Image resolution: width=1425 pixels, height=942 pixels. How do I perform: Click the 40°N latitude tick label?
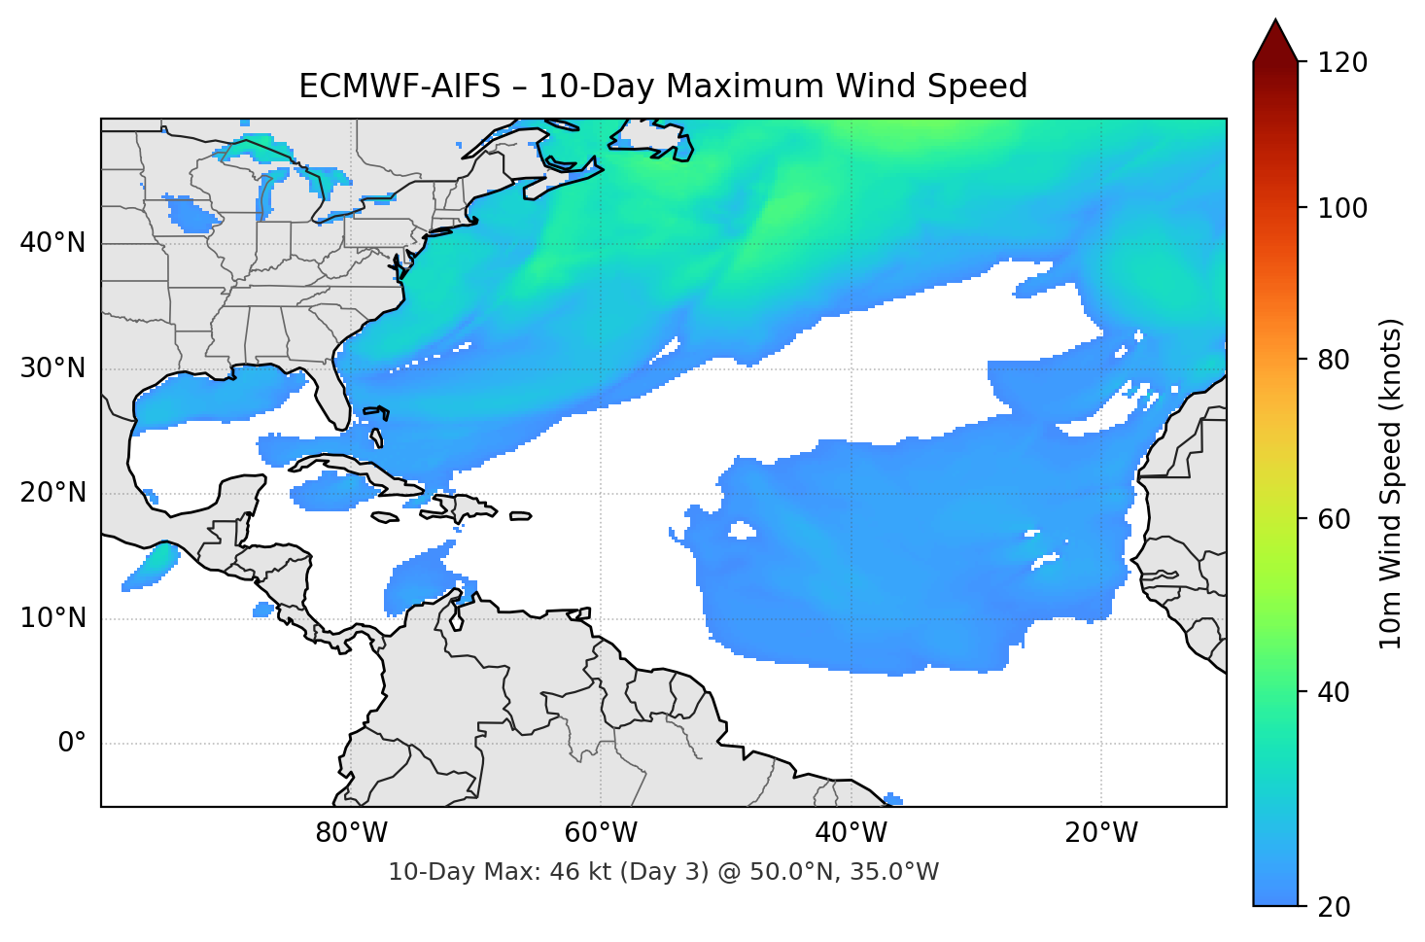click(52, 243)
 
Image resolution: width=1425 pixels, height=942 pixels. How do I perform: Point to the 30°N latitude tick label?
click(52, 368)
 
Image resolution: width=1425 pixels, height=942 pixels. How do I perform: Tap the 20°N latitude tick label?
click(52, 494)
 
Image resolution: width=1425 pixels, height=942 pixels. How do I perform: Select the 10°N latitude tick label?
click(52, 618)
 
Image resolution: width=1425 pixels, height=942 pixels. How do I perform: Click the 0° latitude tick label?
click(72, 744)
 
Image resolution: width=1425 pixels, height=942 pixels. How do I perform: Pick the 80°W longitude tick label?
click(351, 833)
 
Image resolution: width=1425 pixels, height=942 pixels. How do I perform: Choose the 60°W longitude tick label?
click(601, 833)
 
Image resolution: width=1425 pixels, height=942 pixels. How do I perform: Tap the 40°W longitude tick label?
click(851, 833)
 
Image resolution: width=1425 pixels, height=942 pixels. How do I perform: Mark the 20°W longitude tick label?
click(1100, 833)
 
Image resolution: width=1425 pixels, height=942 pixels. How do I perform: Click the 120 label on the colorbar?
click(1342, 63)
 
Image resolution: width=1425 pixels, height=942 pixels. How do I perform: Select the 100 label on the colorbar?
click(1342, 208)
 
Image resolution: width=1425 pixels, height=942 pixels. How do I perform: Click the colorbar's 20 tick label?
click(1334, 907)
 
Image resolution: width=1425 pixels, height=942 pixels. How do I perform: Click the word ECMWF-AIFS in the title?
click(399, 87)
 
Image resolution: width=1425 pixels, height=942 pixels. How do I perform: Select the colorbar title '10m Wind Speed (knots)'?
click(1391, 484)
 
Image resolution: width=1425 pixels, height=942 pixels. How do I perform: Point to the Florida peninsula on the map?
click(330, 394)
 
